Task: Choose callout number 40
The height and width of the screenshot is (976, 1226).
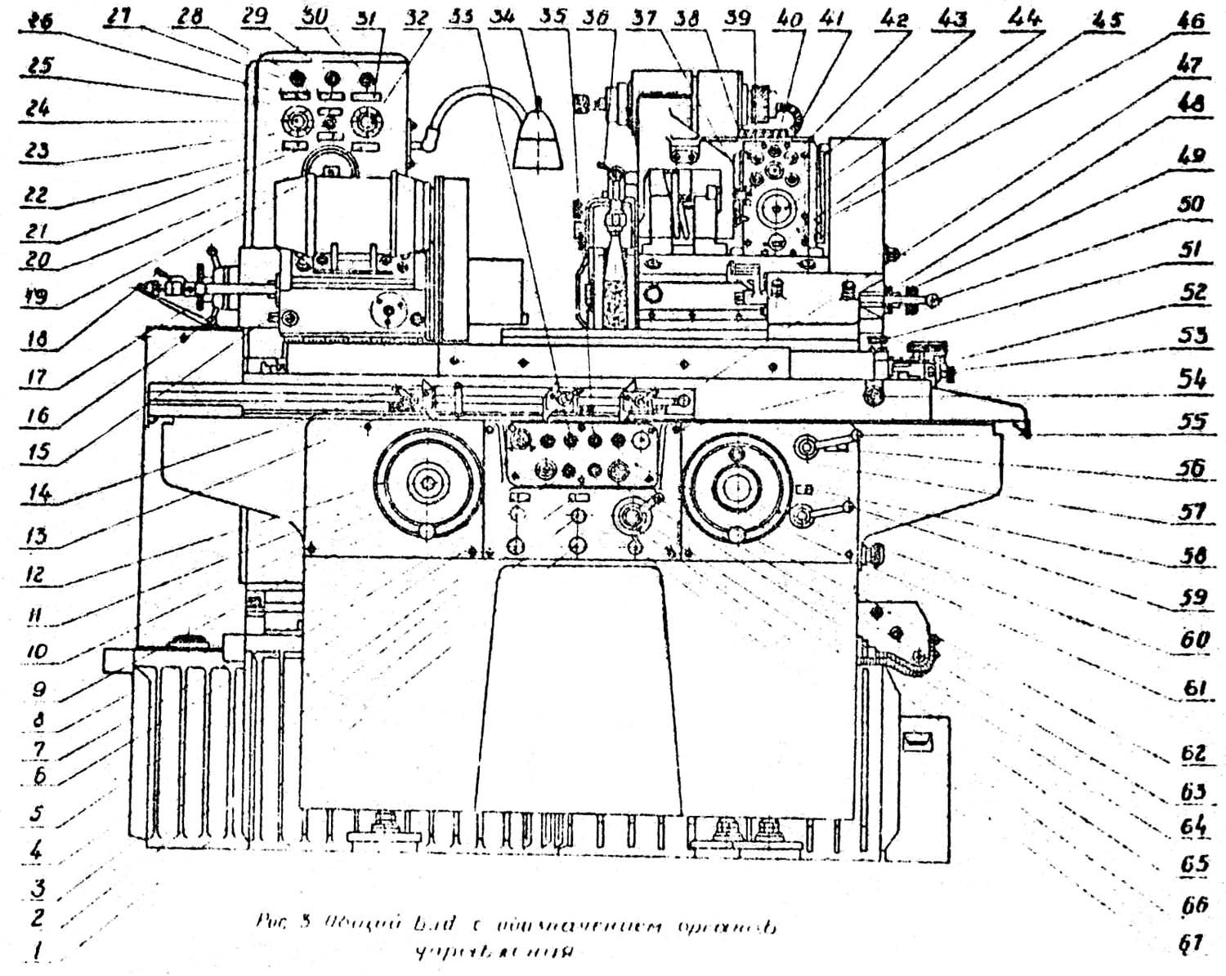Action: tap(790, 18)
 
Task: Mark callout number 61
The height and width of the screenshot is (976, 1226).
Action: tap(1194, 689)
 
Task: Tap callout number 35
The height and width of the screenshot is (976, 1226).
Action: tap(555, 17)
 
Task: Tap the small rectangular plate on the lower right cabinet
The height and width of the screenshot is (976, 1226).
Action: tap(918, 740)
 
